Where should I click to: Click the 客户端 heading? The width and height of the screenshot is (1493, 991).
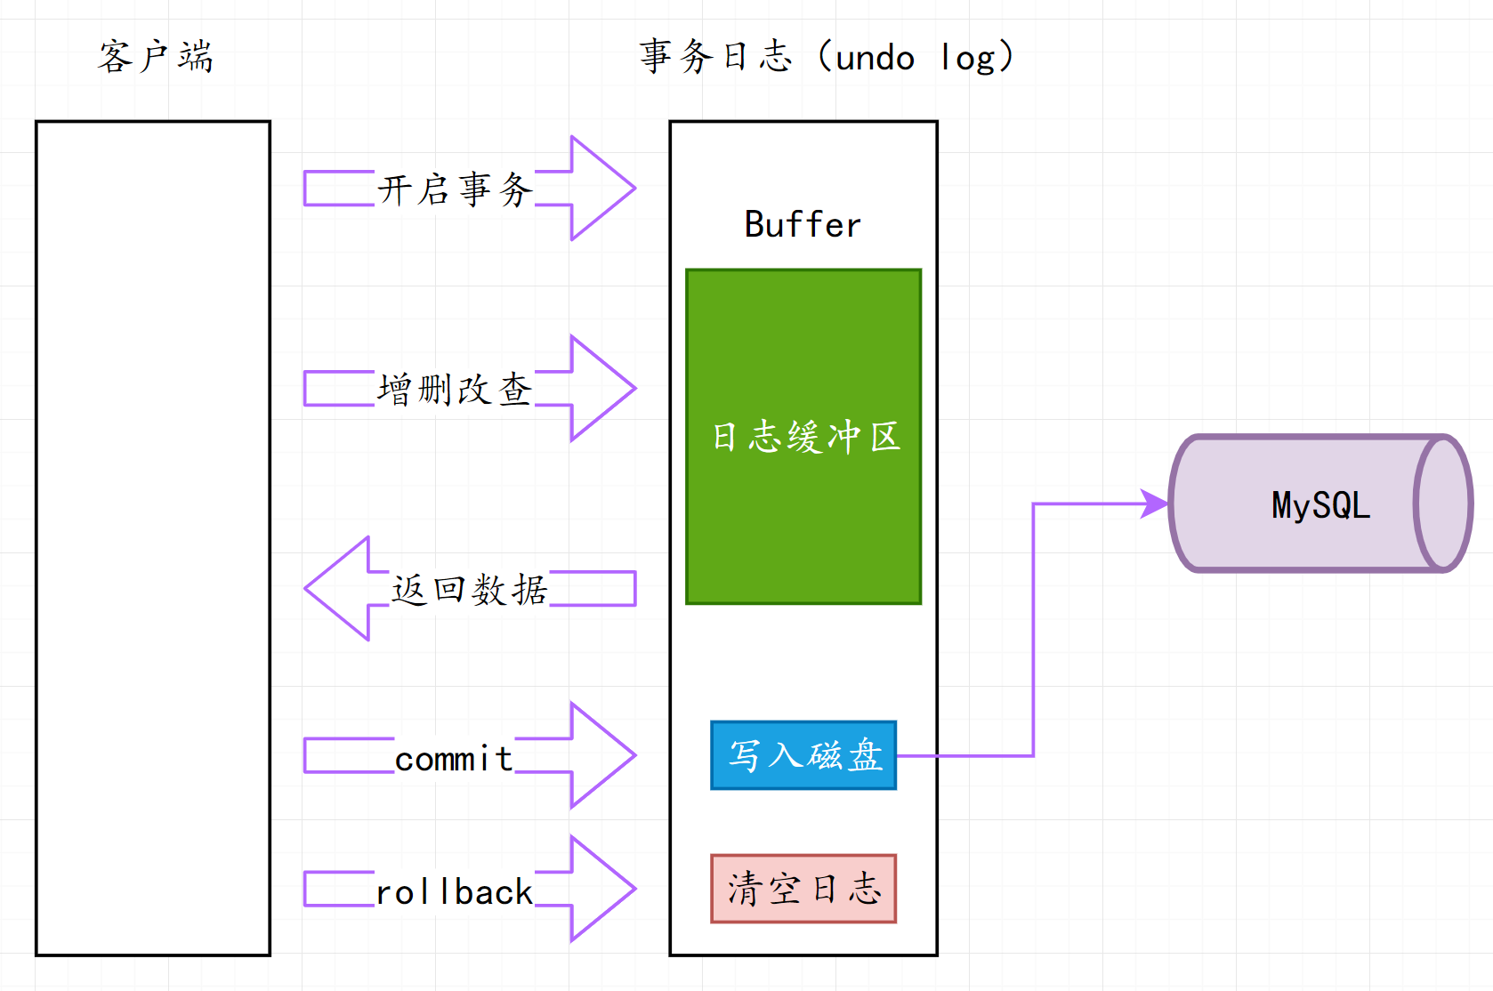[156, 57]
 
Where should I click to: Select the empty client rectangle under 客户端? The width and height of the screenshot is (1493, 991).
[153, 538]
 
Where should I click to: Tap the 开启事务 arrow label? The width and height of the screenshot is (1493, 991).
[455, 189]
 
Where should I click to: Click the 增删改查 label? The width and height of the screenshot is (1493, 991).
[455, 390]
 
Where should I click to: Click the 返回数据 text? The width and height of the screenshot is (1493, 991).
[470, 590]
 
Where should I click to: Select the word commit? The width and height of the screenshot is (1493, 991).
[454, 759]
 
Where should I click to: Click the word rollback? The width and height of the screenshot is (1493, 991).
[454, 892]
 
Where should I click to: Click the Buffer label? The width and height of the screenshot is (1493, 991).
[803, 225]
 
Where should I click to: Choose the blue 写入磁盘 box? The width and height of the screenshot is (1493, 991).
[803, 755]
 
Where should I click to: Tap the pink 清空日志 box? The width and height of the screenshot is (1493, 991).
[803, 889]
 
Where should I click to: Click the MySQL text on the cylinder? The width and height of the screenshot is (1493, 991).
[1320, 505]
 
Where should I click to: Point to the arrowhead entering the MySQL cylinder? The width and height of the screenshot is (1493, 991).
[1156, 504]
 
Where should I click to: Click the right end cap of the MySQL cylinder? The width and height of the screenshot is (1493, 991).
[1443, 504]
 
